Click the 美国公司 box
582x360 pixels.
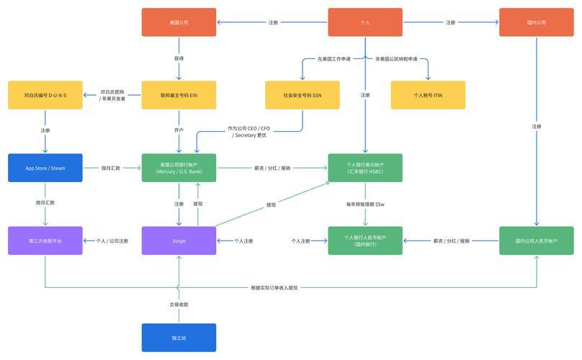[179, 22]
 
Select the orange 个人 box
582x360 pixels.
[365, 22]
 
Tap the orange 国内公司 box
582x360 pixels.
[536, 22]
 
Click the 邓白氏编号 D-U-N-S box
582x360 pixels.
[45, 95]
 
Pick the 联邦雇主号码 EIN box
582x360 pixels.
[179, 95]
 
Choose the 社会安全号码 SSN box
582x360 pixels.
[302, 95]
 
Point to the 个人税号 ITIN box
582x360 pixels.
[428, 95]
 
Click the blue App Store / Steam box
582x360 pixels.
[45, 168]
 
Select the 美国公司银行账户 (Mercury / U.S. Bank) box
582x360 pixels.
[179, 168]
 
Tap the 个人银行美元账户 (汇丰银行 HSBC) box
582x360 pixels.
[365, 168]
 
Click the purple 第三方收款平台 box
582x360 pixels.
[45, 240]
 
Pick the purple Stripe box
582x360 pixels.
[179, 240]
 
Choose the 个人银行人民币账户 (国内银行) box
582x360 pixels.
[365, 240]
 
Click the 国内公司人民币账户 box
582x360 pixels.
[536, 240]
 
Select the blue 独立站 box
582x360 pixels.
[179, 338]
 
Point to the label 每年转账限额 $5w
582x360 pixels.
[365, 204]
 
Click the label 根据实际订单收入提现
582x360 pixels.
[274, 288]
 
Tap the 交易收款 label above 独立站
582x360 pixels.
[179, 305]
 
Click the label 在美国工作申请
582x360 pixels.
[334, 58]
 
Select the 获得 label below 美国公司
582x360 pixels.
[179, 58]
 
